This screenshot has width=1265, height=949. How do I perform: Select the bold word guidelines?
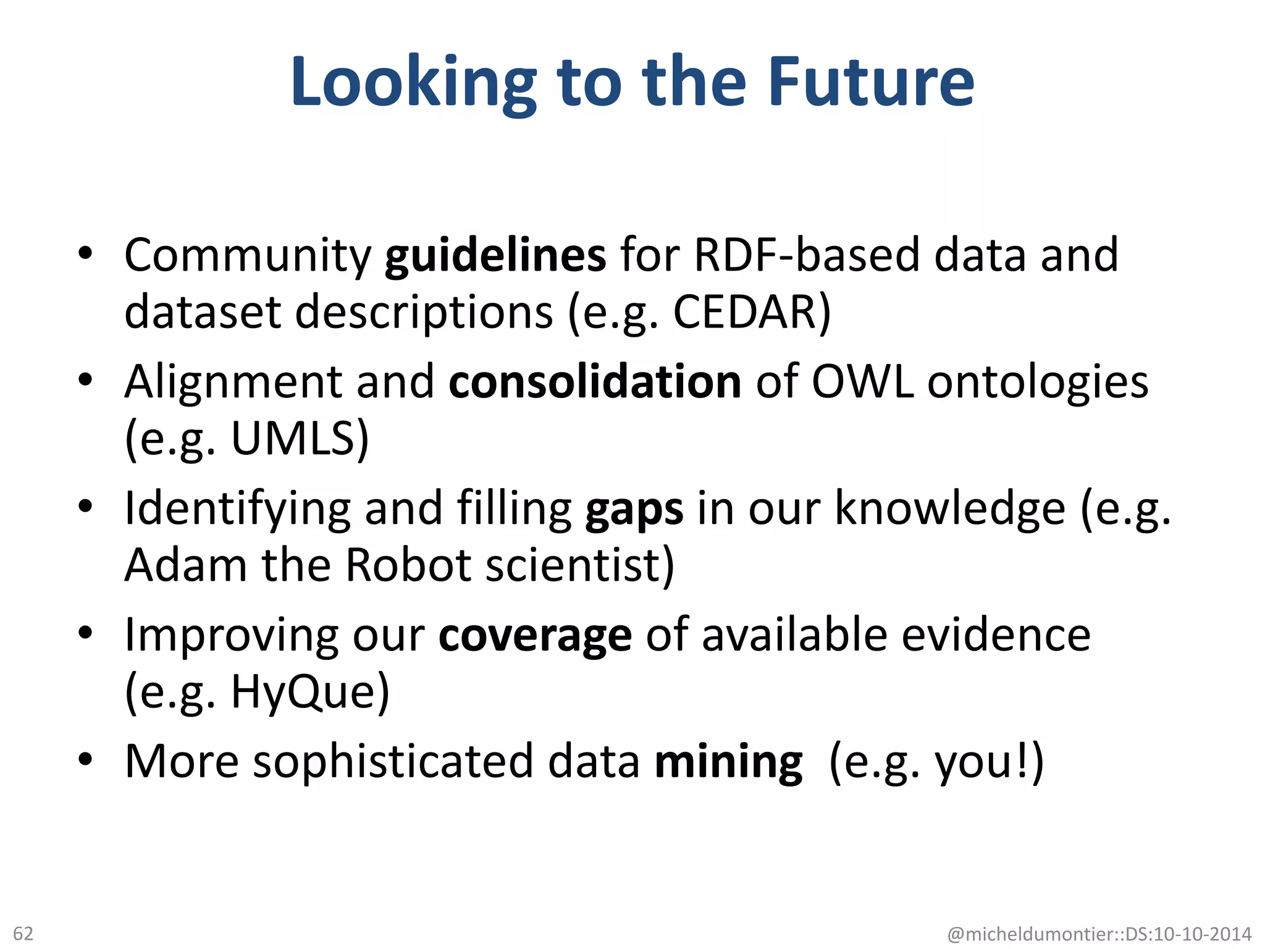(x=495, y=255)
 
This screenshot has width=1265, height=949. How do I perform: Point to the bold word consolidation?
(x=595, y=381)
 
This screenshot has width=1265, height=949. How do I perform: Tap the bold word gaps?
(x=634, y=510)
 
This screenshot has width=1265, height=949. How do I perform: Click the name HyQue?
(x=303, y=691)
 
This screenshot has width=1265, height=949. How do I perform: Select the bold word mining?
(x=729, y=761)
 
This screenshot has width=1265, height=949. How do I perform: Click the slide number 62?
(x=23, y=933)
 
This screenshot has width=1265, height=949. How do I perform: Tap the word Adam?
(x=185, y=565)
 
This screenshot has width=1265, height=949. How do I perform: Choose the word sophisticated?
(x=393, y=761)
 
